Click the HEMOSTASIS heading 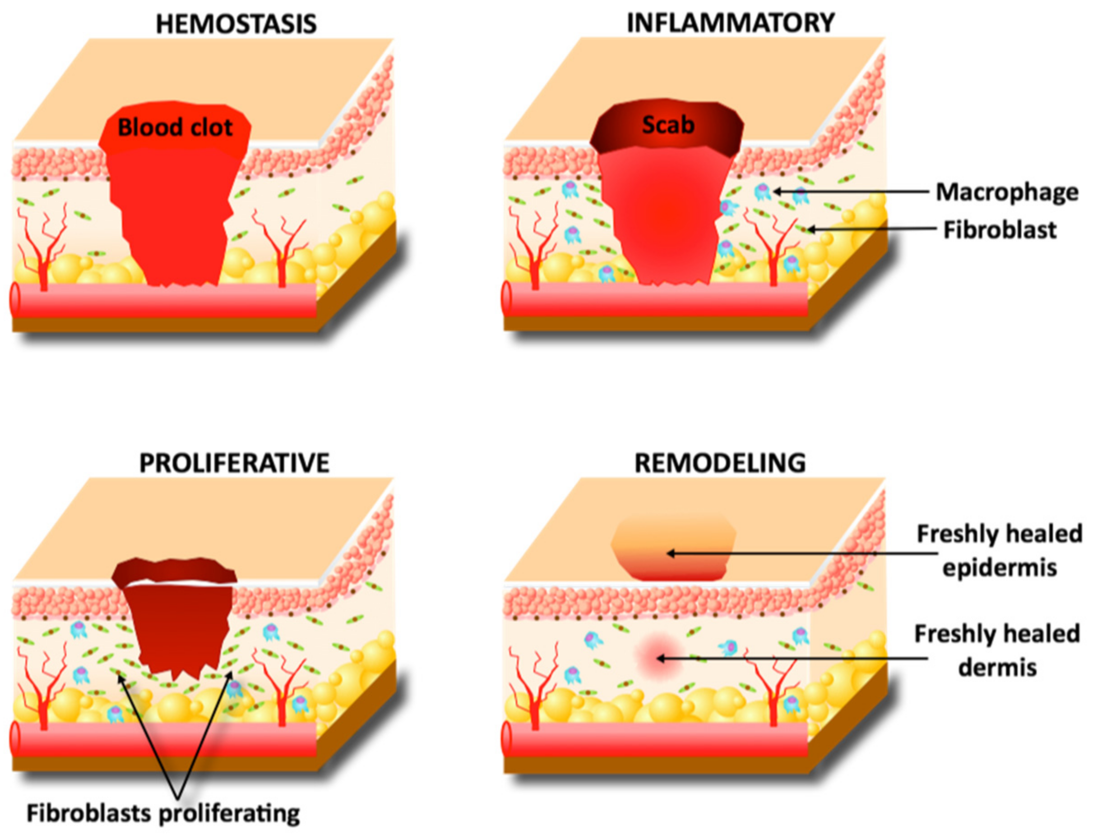coord(236,23)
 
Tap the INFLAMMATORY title coord(731,23)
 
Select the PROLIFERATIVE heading coord(234,463)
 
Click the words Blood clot coord(175,128)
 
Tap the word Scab coord(668,125)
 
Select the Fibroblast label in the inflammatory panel coord(1000,230)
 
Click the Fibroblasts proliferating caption coord(163,813)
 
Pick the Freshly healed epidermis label coord(1000,551)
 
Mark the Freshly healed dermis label coord(998,650)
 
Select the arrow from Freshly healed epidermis coord(799,553)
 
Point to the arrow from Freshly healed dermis coord(794,659)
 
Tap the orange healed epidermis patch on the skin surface coord(674,546)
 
